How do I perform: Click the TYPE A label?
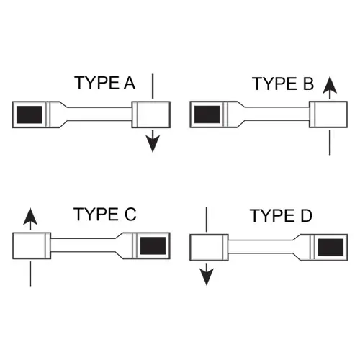tap(104, 83)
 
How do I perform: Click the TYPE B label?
tap(283, 84)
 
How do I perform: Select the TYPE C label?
tap(105, 214)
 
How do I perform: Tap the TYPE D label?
tap(281, 215)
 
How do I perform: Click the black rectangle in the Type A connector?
tap(30, 114)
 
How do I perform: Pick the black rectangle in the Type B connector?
tap(207, 114)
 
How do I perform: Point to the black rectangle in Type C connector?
tap(153, 246)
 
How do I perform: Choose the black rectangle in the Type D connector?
tap(330, 247)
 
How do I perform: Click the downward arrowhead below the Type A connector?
tap(153, 143)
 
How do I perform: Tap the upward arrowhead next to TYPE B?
tap(330, 85)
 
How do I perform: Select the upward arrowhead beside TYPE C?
tap(30, 216)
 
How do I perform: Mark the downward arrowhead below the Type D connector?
tap(207, 277)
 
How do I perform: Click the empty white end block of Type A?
tap(151, 114)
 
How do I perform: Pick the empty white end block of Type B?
tap(328, 114)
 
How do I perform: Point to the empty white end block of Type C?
tap(32, 246)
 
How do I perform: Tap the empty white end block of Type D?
tap(209, 248)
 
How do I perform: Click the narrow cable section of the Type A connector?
tap(99, 114)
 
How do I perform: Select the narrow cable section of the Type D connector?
tap(261, 247)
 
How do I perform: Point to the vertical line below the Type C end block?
tap(30, 274)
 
